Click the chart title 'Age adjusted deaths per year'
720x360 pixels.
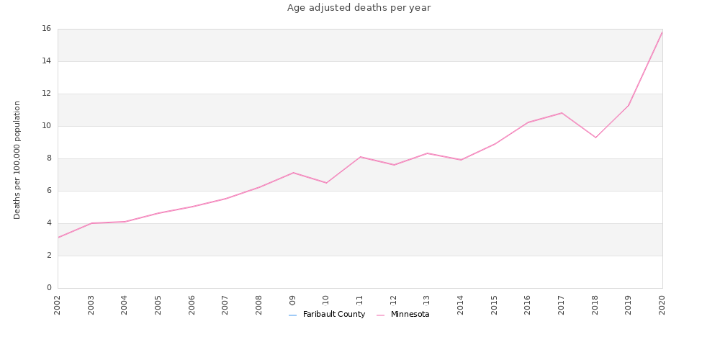click(359, 8)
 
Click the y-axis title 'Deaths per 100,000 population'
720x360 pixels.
click(17, 160)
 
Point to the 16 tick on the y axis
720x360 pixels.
click(46, 29)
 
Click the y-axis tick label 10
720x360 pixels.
click(46, 126)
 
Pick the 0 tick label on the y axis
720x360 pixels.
click(48, 288)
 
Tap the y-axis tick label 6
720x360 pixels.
click(48, 191)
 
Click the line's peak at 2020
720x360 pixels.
click(662, 32)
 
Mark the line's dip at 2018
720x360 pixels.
click(595, 138)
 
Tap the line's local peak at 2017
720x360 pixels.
click(562, 113)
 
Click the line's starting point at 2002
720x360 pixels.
click(58, 238)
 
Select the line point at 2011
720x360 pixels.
click(360, 157)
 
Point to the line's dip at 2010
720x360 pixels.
click(326, 183)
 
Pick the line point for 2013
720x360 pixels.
click(427, 153)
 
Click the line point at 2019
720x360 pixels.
click(629, 105)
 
